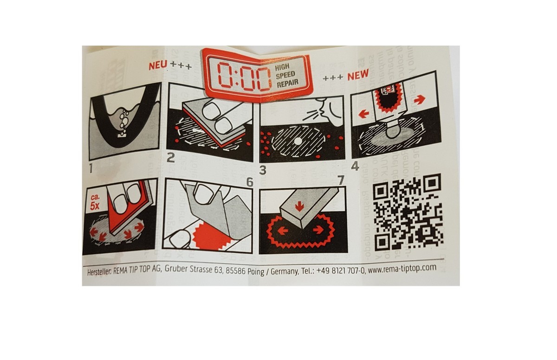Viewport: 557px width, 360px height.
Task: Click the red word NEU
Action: [157, 65]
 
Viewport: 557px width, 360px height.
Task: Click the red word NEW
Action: [358, 75]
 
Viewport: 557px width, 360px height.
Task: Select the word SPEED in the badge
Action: [286, 76]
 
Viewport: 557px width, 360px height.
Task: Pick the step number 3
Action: [263, 170]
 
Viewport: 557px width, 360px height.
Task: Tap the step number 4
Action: [355, 165]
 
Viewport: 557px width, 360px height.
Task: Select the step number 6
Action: [250, 182]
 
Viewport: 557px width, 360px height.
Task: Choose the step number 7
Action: [342, 180]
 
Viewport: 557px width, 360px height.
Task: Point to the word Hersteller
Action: [99, 273]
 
